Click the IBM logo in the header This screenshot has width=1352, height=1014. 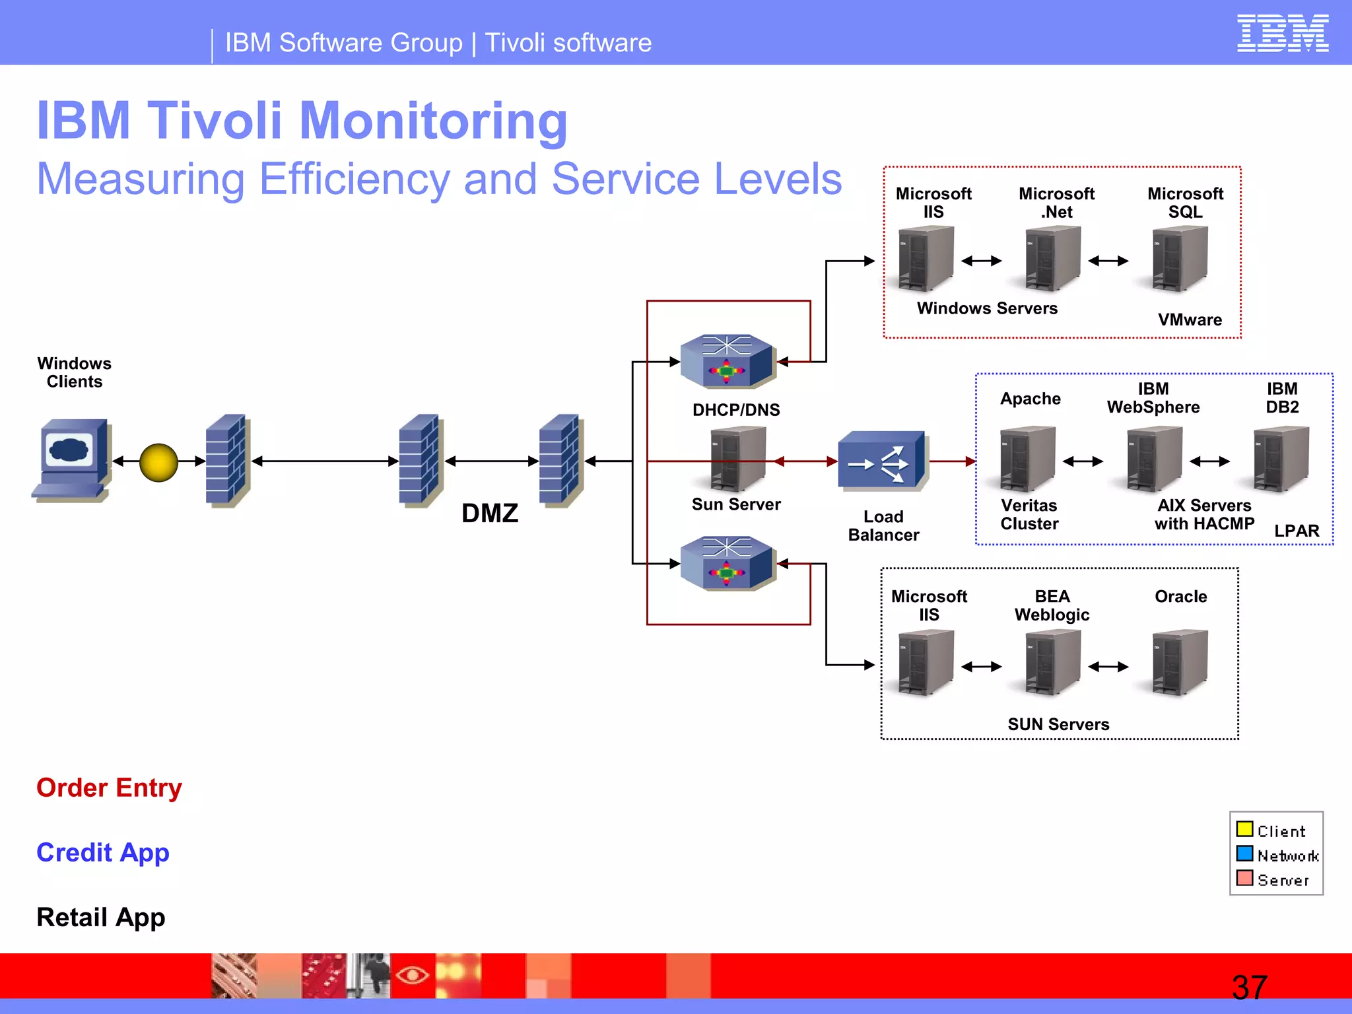click(x=1282, y=34)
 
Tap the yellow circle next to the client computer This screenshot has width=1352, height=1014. click(x=158, y=462)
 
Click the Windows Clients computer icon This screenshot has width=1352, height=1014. click(x=72, y=459)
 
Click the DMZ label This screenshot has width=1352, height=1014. click(x=490, y=513)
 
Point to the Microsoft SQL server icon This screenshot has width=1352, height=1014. click(x=1180, y=259)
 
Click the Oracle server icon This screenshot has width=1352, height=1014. click(x=1180, y=663)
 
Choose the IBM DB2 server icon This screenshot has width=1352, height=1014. click(x=1281, y=459)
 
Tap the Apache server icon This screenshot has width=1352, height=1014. click(x=1027, y=459)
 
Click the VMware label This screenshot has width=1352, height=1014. click(x=1190, y=320)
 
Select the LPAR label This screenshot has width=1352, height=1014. click(x=1297, y=531)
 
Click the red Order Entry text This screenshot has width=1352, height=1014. click(x=109, y=788)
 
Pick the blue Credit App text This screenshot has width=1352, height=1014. click(x=103, y=852)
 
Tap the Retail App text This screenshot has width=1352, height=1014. click(x=101, y=917)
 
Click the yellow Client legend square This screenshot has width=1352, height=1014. click(x=1244, y=829)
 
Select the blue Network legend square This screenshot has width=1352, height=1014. click(x=1244, y=854)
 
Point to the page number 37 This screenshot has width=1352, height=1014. click(x=1249, y=988)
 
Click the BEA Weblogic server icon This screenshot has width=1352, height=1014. click(x=1052, y=663)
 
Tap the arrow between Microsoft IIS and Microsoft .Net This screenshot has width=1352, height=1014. click(x=982, y=261)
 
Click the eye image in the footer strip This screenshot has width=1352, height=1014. click(x=413, y=974)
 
